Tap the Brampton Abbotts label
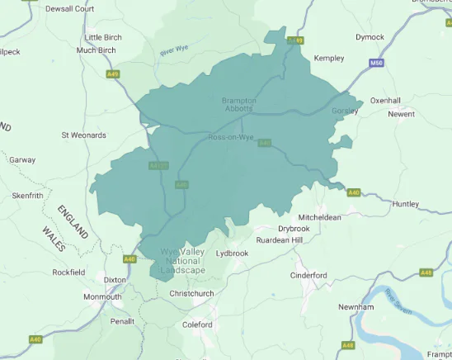coord(239,105)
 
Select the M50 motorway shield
coord(377,63)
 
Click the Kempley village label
coord(328,59)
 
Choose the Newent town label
coord(402,114)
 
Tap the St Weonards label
coord(84,135)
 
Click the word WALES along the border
coord(54,234)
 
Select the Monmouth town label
coord(102,296)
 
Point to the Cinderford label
coord(308,275)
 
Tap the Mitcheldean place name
coord(320,216)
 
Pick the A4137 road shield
coord(159,165)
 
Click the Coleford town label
coord(197,324)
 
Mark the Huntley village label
coord(406,204)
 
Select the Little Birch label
coord(102,37)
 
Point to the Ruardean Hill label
coord(280,239)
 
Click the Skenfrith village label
coord(27,196)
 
